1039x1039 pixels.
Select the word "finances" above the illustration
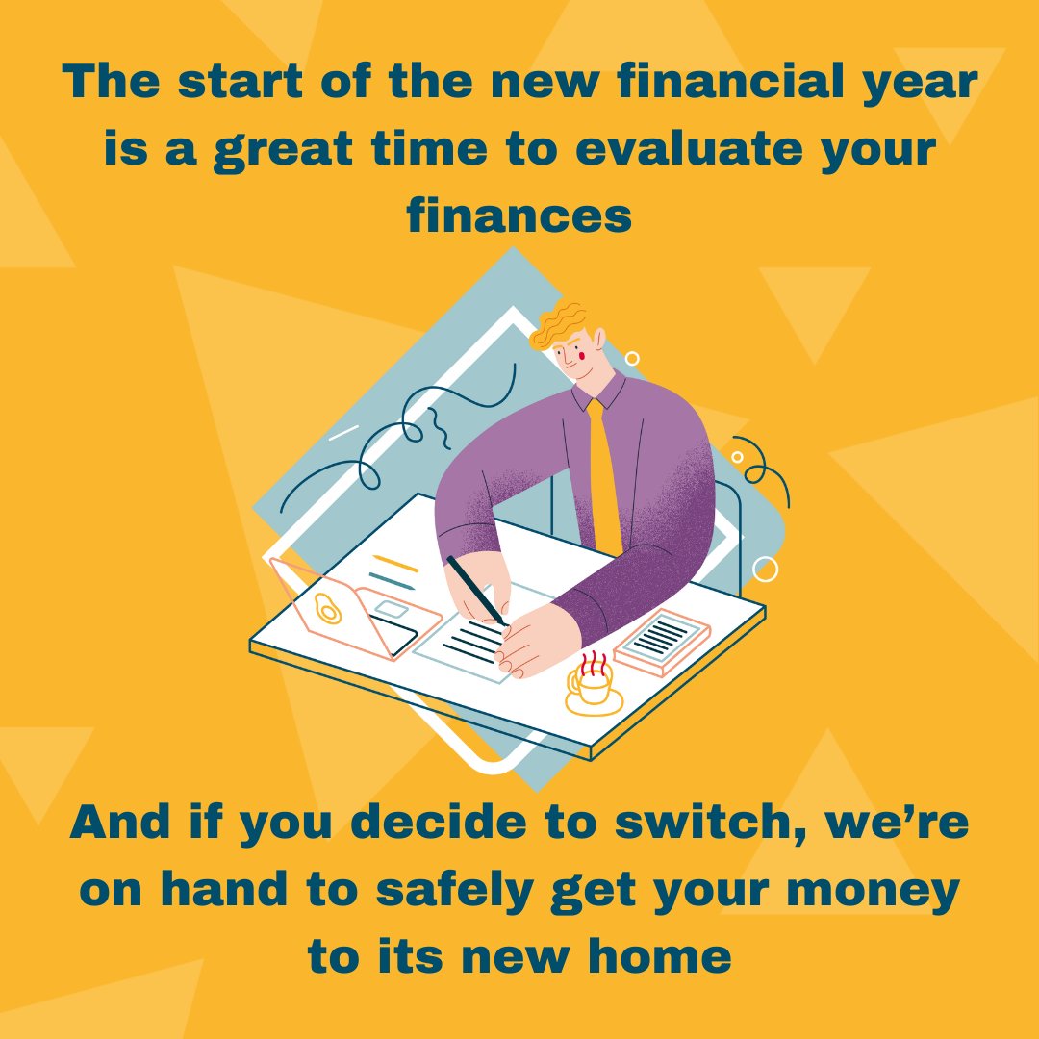pos(519,216)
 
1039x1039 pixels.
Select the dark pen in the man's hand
pos(475,589)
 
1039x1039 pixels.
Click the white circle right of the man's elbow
pos(765,570)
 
